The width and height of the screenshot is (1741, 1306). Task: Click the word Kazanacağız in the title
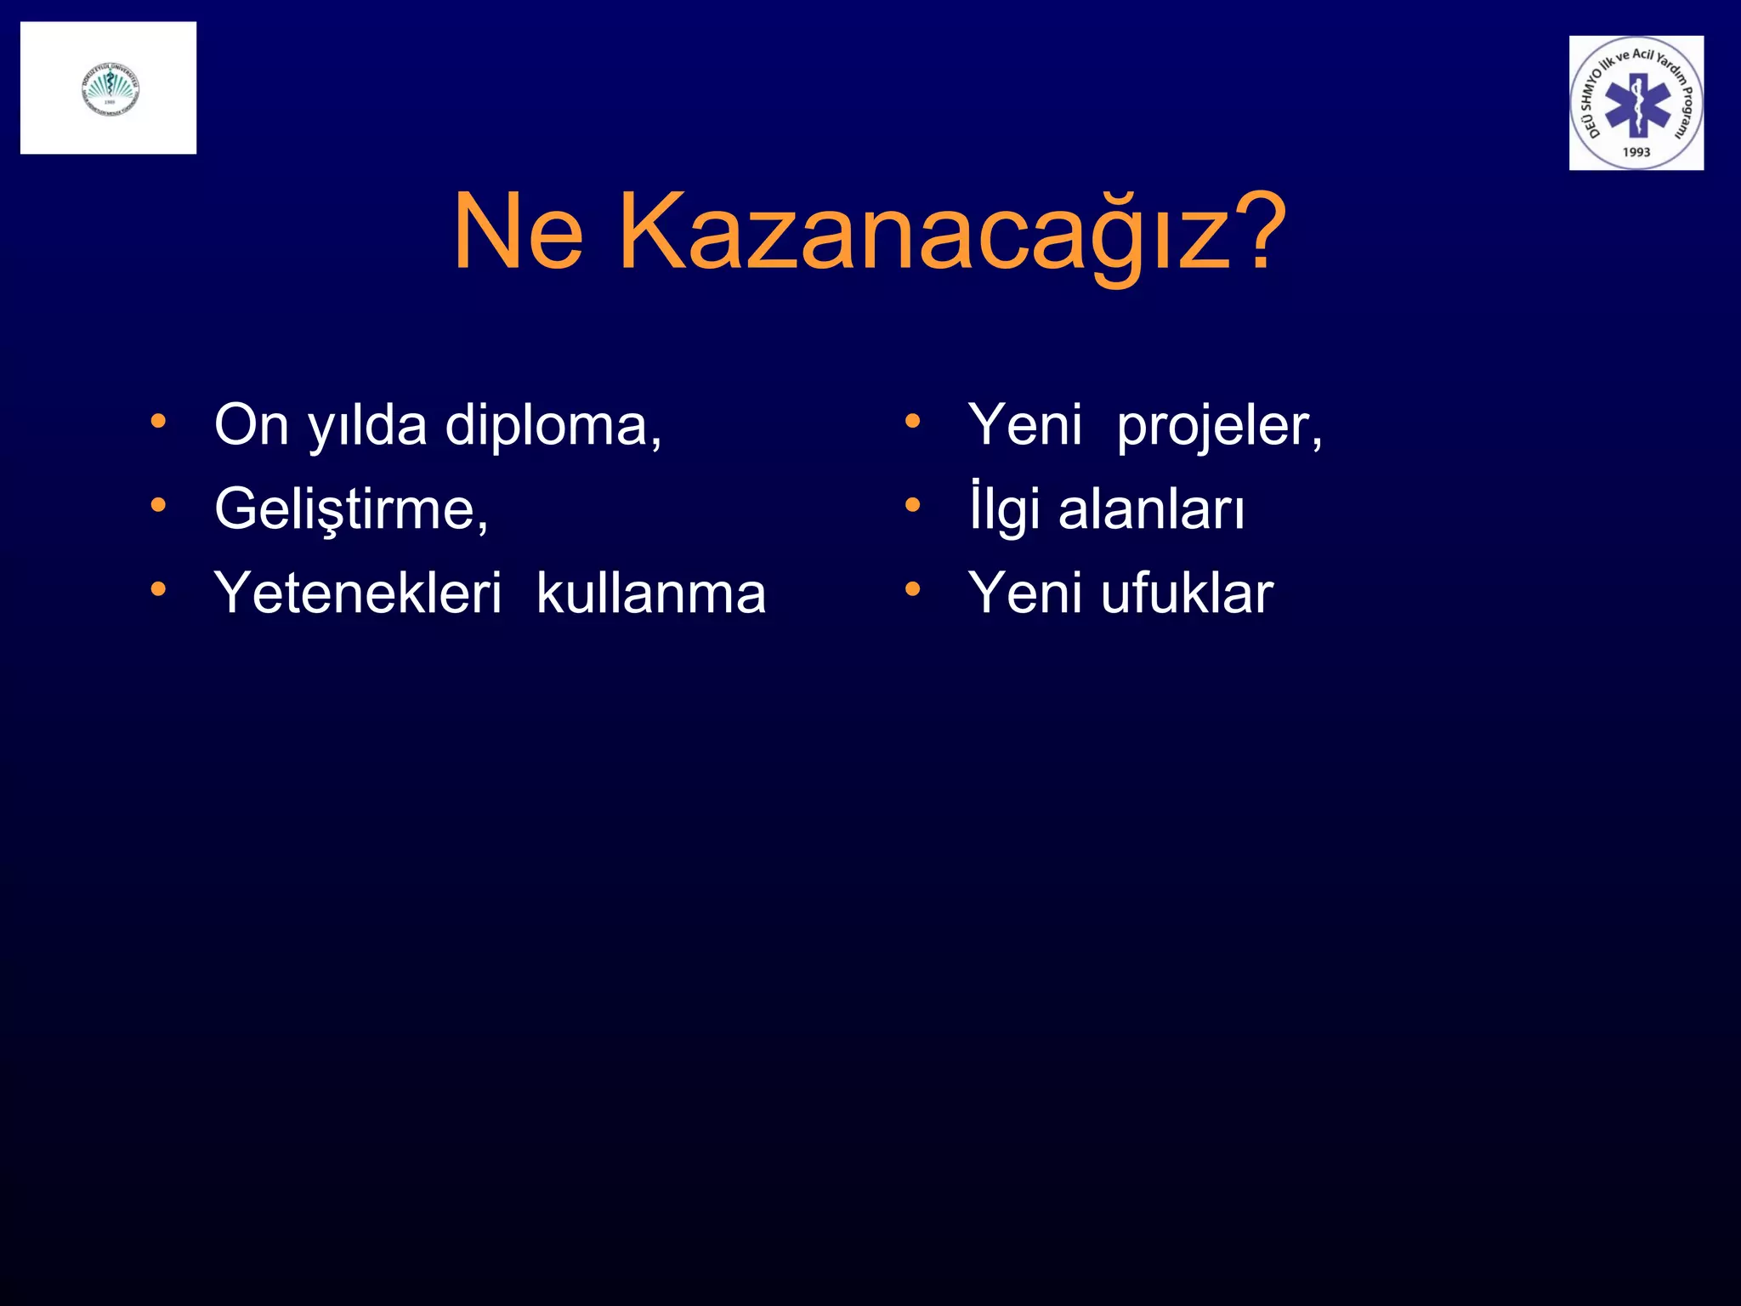922,232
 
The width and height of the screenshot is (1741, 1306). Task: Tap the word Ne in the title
519,232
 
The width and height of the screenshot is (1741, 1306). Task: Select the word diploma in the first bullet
553,425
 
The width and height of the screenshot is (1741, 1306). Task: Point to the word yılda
367,425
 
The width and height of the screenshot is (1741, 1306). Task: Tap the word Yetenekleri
358,593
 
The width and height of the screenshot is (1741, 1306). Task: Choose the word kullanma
651,593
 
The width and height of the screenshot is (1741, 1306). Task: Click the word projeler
1219,425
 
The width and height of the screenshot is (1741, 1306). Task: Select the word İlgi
1004,508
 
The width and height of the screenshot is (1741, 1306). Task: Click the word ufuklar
1187,593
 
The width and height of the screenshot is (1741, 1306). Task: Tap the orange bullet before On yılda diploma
158,421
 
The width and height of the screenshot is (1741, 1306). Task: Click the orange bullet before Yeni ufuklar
912,588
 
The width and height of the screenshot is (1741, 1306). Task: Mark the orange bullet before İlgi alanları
912,505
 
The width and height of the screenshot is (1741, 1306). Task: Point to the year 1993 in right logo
1636,152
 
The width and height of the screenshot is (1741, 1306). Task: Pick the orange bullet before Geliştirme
158,505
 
